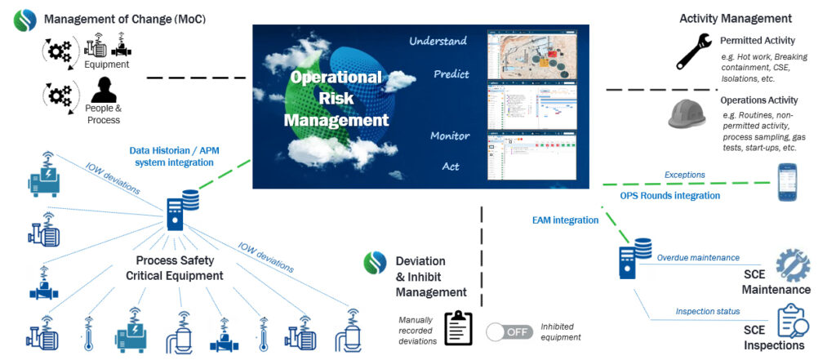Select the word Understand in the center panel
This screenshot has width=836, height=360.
click(438, 41)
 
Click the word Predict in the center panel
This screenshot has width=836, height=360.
click(451, 74)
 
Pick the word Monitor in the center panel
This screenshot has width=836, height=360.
click(450, 136)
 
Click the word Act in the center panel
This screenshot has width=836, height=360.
click(451, 167)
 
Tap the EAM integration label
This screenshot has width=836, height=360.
click(566, 220)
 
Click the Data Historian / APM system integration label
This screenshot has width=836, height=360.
click(171, 156)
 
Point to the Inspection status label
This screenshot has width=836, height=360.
click(707, 311)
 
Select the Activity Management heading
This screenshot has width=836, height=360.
click(735, 18)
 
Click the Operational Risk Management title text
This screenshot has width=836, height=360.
click(336, 99)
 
